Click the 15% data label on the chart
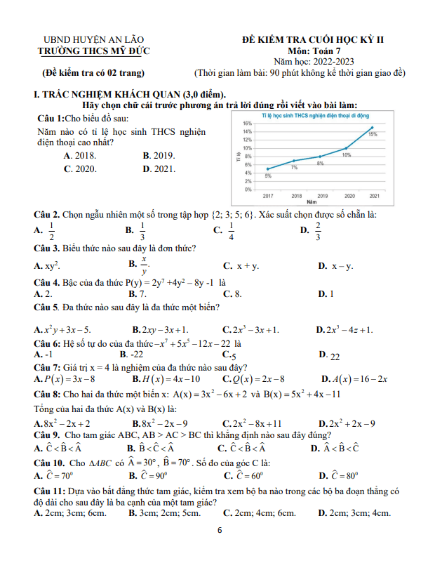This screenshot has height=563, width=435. click(x=373, y=133)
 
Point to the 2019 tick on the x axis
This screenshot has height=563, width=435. click(x=322, y=196)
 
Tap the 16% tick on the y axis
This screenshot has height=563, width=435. click(x=247, y=123)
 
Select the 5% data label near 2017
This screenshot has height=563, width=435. click(x=268, y=175)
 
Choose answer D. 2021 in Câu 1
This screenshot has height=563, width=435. click(x=159, y=168)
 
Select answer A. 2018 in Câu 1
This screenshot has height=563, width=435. click(x=79, y=155)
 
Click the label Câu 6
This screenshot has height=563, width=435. click(x=46, y=344)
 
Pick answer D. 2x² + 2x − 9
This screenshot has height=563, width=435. click(x=346, y=423)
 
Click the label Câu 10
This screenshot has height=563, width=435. click(x=49, y=463)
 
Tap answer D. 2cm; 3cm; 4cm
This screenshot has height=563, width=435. click(x=354, y=514)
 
